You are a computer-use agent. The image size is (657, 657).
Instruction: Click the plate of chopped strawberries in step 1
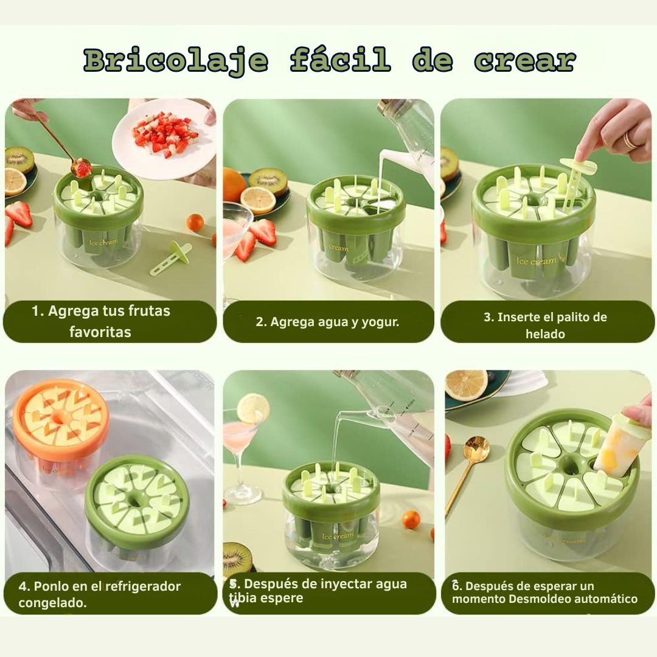tap(164, 138)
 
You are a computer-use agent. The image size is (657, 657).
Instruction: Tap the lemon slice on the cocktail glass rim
tap(253, 408)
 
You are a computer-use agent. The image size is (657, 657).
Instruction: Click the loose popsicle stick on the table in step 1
tap(170, 258)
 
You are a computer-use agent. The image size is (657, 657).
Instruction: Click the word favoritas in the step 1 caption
tap(100, 332)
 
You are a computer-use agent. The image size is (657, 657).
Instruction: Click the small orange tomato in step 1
tap(195, 222)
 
